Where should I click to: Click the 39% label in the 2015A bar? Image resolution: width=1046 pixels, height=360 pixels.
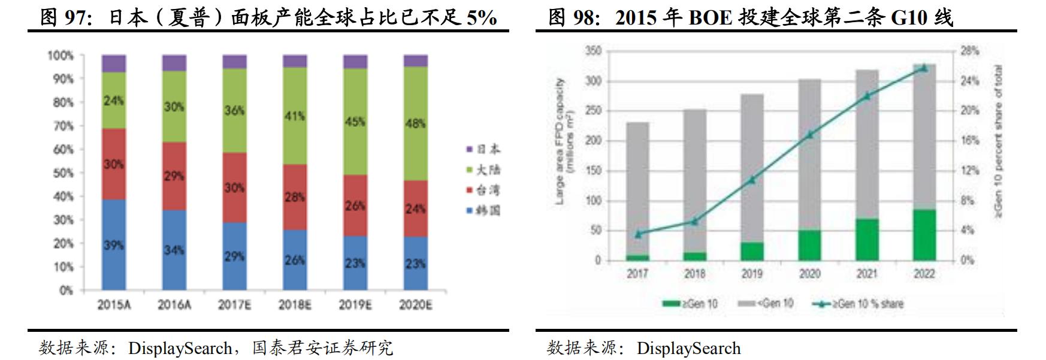(x=113, y=244)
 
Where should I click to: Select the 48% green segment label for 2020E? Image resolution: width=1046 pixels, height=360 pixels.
(x=415, y=123)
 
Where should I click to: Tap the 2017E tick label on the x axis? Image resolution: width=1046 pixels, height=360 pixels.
(x=234, y=305)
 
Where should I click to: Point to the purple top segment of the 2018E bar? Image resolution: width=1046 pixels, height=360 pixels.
(x=295, y=61)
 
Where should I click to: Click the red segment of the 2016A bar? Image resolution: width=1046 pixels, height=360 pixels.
(x=174, y=176)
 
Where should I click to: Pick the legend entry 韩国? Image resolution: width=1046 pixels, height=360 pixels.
(x=483, y=210)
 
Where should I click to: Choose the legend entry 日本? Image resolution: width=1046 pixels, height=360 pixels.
(x=483, y=149)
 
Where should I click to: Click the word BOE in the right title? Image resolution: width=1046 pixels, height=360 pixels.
(x=710, y=17)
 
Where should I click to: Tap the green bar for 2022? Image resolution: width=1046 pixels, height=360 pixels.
(x=924, y=235)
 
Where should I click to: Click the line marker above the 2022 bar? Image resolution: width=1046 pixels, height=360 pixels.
(x=924, y=68)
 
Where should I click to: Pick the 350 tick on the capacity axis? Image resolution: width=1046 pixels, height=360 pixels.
(x=593, y=52)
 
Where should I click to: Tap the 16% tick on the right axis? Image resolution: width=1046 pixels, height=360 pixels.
(x=969, y=141)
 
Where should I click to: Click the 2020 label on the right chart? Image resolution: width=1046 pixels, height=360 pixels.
(x=809, y=274)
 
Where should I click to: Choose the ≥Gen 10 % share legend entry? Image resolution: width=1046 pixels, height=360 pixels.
(x=858, y=304)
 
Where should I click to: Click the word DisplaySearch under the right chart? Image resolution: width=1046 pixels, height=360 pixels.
(x=688, y=348)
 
